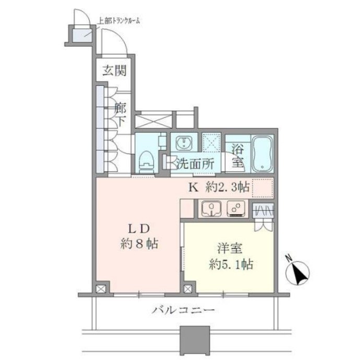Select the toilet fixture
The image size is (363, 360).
pos(147,162)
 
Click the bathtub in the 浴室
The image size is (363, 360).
pos(262,154)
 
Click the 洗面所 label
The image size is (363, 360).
pos(195,164)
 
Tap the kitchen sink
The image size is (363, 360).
pos(211,208)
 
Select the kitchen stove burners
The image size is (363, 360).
pos(236,208)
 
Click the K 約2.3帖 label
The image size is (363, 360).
pos(219,187)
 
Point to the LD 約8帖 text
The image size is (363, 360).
pos(139,237)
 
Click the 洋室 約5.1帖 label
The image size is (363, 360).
pos(230,257)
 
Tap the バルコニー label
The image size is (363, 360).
pos(183,310)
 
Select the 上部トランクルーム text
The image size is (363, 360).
pos(119,21)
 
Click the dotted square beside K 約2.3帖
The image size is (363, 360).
pos(263,188)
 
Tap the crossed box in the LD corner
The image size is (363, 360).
pos(101,288)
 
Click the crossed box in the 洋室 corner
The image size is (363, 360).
pos(188,288)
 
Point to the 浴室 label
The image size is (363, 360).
pos(238,155)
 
